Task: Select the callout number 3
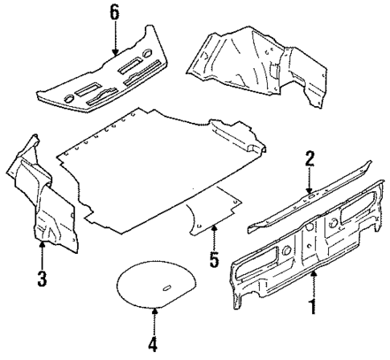[x=42, y=278]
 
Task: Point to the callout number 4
[x=152, y=346]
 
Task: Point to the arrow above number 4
[x=152, y=321]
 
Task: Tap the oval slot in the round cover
[x=168, y=288]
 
